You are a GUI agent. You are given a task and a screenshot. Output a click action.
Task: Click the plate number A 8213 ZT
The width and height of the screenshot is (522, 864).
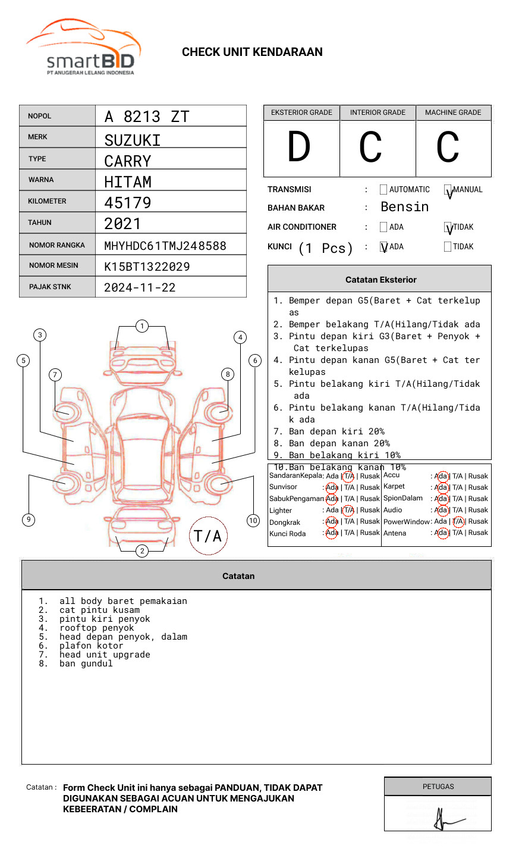147,117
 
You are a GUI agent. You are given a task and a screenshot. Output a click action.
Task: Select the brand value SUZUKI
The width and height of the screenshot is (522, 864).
133,140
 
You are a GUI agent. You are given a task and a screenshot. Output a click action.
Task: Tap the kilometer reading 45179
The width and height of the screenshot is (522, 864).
128,203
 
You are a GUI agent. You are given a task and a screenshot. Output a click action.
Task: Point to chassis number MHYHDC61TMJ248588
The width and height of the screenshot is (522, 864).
165,246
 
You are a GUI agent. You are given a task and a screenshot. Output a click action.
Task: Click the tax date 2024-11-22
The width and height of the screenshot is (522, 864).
140,288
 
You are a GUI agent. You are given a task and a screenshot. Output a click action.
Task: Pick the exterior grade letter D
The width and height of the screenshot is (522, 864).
299,148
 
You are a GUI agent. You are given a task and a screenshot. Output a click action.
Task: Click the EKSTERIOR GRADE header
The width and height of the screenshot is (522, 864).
301,112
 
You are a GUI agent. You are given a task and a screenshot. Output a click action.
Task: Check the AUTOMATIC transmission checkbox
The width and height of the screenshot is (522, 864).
383,190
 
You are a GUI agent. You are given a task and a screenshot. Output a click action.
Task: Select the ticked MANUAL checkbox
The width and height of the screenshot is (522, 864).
448,190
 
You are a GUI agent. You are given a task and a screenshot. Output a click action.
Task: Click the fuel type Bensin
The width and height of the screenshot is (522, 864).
404,207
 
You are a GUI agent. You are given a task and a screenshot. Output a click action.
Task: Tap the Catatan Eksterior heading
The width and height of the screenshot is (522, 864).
381,280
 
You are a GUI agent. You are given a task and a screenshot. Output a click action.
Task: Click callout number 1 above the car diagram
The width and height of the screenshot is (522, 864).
141,326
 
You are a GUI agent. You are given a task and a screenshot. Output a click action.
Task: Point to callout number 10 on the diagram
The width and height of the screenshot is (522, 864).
253,521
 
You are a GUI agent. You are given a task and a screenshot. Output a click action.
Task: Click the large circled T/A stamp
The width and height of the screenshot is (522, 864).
208,536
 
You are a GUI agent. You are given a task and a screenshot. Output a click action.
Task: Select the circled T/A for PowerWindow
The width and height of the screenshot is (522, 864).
458,522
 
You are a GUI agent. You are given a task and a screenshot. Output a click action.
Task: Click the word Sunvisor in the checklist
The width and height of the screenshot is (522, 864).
283,487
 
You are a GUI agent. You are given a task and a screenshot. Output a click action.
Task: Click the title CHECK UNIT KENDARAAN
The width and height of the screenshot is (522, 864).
252,52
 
